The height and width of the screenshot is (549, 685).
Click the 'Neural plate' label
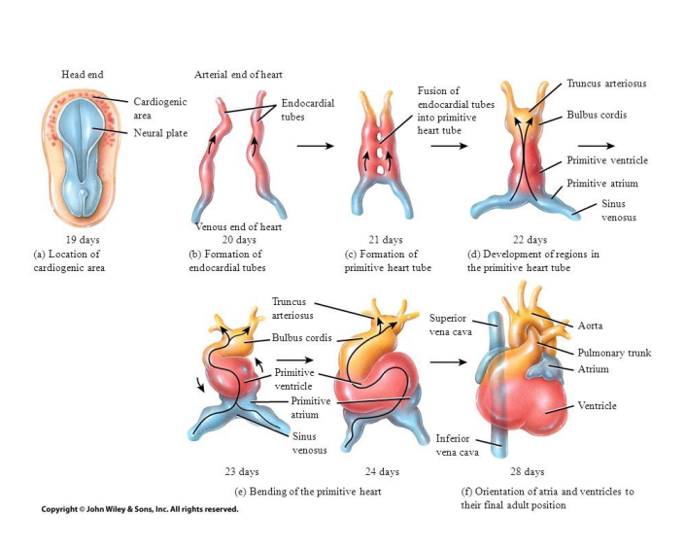click(x=160, y=132)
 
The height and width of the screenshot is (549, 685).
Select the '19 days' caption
click(x=83, y=239)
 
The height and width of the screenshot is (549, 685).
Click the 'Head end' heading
click(x=82, y=74)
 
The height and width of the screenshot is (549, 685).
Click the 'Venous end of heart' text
click(x=238, y=226)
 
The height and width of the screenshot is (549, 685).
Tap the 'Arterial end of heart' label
click(x=238, y=74)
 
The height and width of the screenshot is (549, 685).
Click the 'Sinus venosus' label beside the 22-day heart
click(x=617, y=211)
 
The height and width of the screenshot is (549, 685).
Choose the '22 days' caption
click(x=530, y=239)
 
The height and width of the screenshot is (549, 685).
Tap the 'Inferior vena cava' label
click(x=454, y=444)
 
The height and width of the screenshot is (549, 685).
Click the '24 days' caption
click(x=382, y=471)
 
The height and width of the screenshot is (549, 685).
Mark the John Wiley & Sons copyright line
click(x=139, y=509)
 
